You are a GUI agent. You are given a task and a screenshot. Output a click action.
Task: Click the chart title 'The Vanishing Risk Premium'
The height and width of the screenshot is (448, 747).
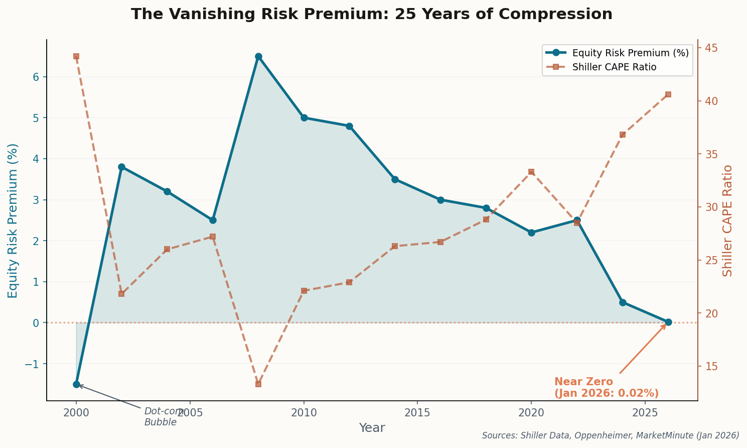(x=371, y=14)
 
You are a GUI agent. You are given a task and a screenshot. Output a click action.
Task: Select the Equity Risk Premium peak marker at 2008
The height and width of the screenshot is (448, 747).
(x=258, y=56)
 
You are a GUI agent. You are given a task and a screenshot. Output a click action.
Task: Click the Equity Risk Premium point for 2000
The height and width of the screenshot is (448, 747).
(x=76, y=384)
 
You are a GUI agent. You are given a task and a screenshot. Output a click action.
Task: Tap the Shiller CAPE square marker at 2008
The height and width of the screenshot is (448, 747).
(x=258, y=384)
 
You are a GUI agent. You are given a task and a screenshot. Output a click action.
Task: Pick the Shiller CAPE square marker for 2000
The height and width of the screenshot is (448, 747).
(x=76, y=56)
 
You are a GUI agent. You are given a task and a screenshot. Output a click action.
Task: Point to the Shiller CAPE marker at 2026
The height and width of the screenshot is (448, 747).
(x=668, y=94)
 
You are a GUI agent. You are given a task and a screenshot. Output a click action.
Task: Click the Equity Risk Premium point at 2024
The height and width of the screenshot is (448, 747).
(x=623, y=302)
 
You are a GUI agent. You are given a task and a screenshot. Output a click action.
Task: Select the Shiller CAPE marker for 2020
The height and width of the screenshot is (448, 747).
(x=531, y=172)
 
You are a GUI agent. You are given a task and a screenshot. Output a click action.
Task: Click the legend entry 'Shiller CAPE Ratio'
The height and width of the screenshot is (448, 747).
(x=614, y=67)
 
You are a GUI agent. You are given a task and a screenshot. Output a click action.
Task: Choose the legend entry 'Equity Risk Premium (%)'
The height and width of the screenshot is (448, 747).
(x=630, y=53)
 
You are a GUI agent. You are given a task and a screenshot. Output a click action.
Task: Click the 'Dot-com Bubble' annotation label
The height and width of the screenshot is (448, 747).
(x=162, y=417)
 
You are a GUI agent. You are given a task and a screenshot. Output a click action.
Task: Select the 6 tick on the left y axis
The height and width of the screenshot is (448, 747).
(x=37, y=77)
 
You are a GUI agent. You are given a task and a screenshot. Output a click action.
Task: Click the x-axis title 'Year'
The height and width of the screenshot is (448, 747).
(x=372, y=428)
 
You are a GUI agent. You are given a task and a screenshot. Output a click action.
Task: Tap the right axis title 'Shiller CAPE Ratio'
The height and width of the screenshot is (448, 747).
(x=727, y=220)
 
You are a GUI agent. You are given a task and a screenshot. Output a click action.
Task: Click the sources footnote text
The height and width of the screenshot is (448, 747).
(x=611, y=435)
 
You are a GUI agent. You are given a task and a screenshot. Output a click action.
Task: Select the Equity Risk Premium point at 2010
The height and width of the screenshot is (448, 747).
(x=304, y=118)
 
